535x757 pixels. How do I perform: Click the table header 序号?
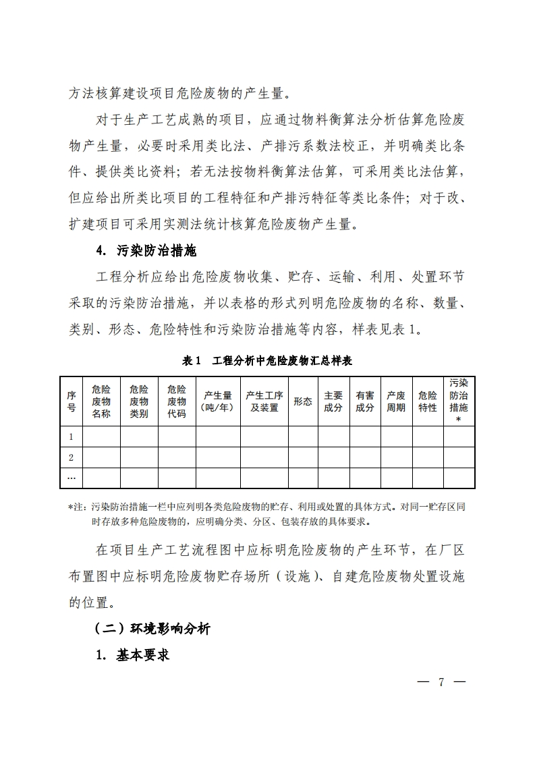(71, 401)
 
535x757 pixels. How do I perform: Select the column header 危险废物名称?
(101, 401)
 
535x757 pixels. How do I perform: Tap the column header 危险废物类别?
(139, 401)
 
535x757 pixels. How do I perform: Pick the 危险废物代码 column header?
(177, 401)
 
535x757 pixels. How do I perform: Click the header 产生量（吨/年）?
(218, 401)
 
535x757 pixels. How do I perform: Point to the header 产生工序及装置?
(264, 401)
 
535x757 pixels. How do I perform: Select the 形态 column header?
(303, 401)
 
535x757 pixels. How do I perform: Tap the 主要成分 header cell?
(333, 401)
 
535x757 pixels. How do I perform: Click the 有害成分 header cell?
(365, 401)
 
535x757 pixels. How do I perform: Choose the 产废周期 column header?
(396, 401)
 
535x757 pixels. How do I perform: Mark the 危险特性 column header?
(428, 401)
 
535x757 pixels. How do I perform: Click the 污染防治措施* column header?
(459, 400)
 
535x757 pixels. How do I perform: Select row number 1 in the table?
(71, 437)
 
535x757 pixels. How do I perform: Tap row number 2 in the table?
(71, 457)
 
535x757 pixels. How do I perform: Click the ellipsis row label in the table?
(71, 478)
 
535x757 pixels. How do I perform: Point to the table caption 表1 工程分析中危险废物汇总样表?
(267, 361)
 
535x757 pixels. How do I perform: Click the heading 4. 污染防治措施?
(146, 251)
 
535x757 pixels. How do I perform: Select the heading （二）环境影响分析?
(152, 629)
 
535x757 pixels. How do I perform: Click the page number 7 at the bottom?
(441, 681)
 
